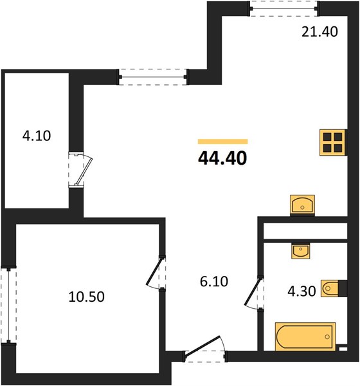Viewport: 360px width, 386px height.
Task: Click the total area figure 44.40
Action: coord(222,158)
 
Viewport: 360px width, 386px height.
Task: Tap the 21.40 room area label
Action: coord(319,32)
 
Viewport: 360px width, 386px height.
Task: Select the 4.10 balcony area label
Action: coord(37,136)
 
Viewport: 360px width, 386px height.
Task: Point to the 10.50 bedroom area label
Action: coord(86,297)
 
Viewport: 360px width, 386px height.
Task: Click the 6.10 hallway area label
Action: coord(214,281)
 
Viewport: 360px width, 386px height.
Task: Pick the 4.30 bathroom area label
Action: coord(301,291)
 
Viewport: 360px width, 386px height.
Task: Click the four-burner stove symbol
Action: coord(333,143)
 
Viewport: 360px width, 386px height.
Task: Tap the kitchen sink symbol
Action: coord(302,205)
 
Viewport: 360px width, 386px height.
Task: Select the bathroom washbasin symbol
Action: coord(301,251)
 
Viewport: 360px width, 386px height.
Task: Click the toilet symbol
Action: coord(334,288)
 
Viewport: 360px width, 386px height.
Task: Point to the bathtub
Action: coord(305,336)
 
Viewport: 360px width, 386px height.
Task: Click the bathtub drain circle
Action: coord(327,336)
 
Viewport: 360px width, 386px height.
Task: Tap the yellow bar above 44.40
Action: coord(222,142)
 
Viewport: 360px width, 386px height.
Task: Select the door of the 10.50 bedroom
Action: coord(156,272)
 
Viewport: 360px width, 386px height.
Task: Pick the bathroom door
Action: coord(254,293)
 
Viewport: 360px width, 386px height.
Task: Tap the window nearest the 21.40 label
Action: coord(283,9)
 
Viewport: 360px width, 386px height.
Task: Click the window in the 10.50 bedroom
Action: coord(9,305)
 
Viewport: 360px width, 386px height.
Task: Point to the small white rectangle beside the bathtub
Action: coord(343,349)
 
